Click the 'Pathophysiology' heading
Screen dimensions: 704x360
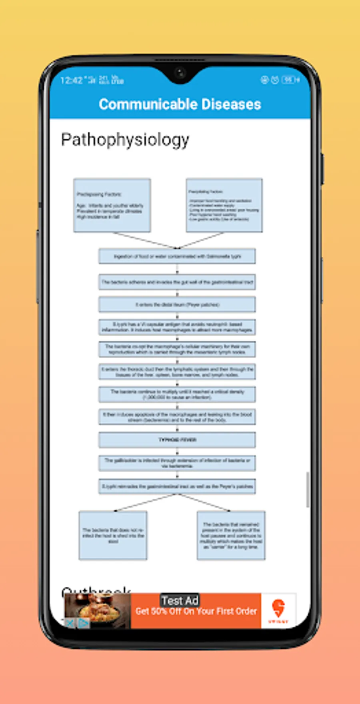125,140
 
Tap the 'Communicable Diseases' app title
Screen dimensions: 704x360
180,104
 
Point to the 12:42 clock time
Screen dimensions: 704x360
71,80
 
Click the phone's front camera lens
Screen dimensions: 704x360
180,73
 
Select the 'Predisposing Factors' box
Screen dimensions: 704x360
112,205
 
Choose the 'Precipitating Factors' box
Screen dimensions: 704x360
224,205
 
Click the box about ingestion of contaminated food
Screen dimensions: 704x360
177,257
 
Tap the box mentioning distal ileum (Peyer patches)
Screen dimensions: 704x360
177,305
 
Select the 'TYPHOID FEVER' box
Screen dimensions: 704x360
177,440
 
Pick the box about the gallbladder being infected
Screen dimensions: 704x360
177,463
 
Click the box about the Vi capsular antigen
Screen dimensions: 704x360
177,327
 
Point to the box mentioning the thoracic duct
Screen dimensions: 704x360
177,372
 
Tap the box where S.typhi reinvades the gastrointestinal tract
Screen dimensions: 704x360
177,486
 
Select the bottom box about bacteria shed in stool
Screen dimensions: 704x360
113,536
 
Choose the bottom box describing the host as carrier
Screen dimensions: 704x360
231,536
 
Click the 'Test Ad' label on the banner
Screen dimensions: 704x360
180,600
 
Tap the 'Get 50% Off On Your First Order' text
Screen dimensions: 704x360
196,612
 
